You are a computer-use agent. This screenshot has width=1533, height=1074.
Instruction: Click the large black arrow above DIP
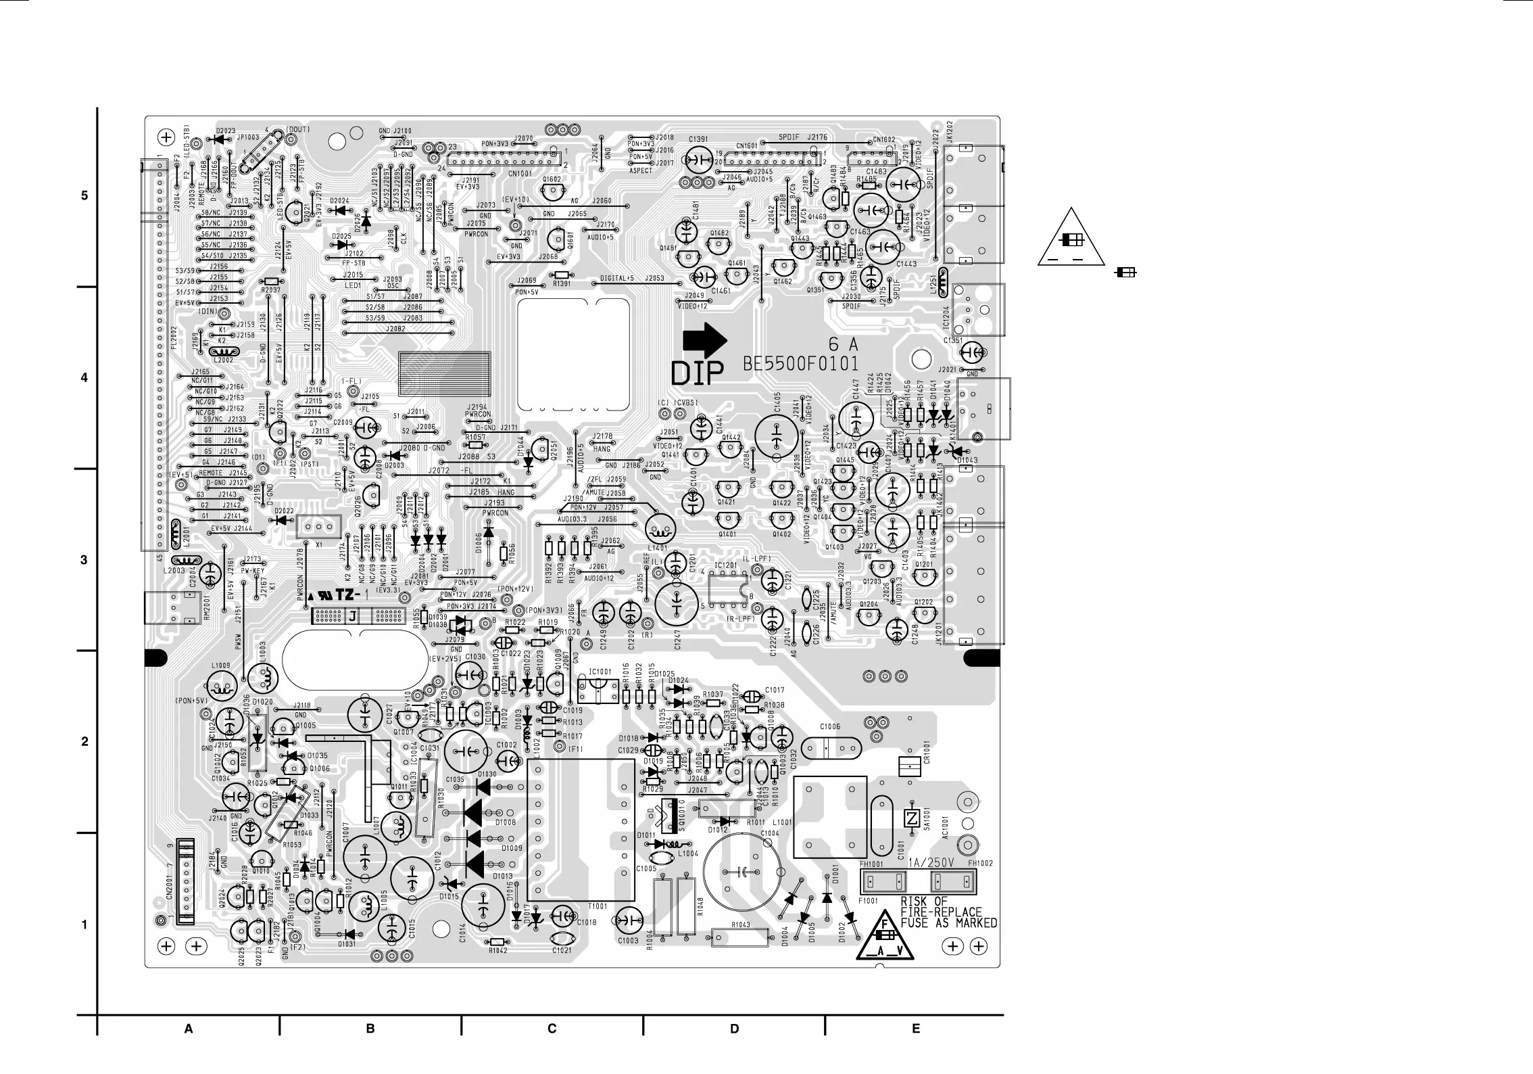[703, 340]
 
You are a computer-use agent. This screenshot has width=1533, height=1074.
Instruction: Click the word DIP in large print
[697, 372]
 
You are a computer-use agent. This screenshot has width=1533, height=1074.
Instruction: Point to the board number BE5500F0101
[801, 365]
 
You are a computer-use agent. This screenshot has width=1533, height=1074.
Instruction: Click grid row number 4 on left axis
[84, 378]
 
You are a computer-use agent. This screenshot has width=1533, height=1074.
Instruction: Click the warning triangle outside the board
[1071, 239]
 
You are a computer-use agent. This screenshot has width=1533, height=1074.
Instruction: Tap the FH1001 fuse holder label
[871, 864]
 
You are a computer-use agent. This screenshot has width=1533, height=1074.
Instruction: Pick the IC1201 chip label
[726, 565]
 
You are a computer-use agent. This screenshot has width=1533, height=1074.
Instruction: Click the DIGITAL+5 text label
[617, 279]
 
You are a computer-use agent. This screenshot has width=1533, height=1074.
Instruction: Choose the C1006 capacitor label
[830, 727]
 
